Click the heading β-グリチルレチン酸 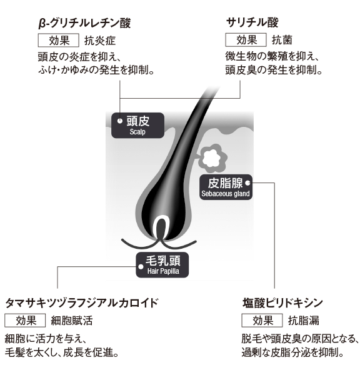pyautogui.click(x=84, y=23)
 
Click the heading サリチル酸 pyautogui.click(x=252, y=22)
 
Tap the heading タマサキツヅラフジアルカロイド pyautogui.click(x=81, y=303)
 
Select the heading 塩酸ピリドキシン pyautogui.click(x=282, y=303)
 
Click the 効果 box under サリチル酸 pyautogui.click(x=246, y=40)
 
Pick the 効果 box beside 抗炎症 pyautogui.click(x=58, y=41)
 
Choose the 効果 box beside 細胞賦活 pyautogui.click(x=25, y=321)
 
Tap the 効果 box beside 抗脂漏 pyautogui.click(x=262, y=321)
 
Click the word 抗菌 pyautogui.click(x=282, y=40)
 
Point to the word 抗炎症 pyautogui.click(x=100, y=41)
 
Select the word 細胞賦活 pyautogui.click(x=72, y=321)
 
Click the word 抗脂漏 pyautogui.click(x=304, y=321)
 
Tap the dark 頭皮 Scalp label pyautogui.click(x=137, y=126)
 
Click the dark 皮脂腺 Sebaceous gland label pyautogui.click(x=226, y=187)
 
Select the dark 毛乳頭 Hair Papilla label pyautogui.click(x=162, y=265)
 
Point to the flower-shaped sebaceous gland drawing pyautogui.click(x=212, y=158)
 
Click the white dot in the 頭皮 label pyautogui.click(x=120, y=121)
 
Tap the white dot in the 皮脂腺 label pyautogui.click(x=248, y=183)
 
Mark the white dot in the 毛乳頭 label pyautogui.click(x=141, y=267)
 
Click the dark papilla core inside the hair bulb pyautogui.click(x=161, y=229)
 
